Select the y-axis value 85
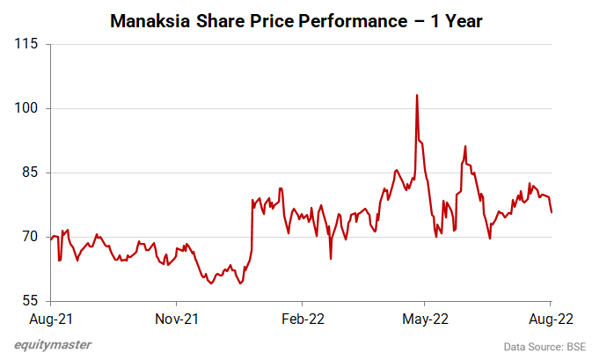click(29, 173)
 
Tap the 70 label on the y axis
click(29, 237)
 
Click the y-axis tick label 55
click(29, 301)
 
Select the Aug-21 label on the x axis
click(50, 319)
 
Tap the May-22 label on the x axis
click(425, 319)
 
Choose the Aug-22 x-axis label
click(551, 319)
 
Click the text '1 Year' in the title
click(455, 20)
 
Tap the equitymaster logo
click(53, 345)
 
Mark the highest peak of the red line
click(416, 95)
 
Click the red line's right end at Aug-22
click(552, 212)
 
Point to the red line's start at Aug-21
click(51, 238)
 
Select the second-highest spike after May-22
click(464, 146)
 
